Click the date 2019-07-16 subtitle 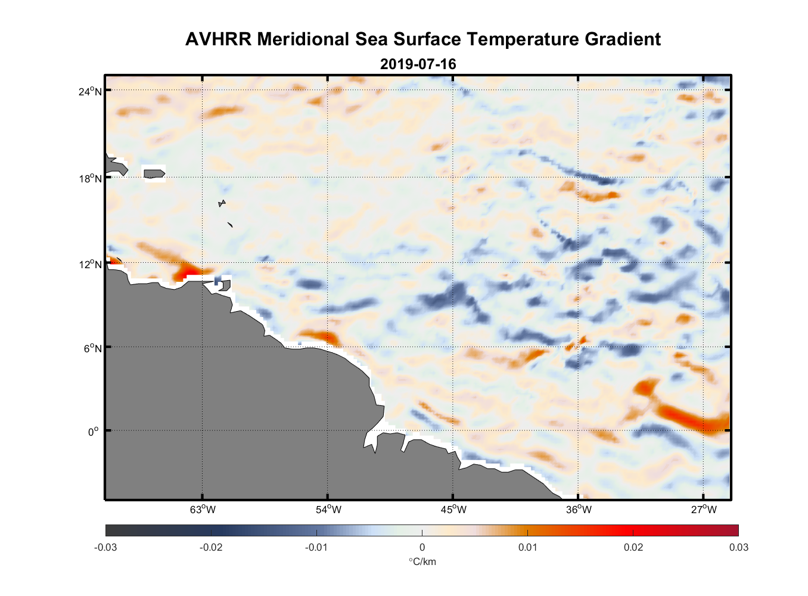tap(418, 64)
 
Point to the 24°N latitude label tap(90, 91)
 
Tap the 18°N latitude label tap(90, 178)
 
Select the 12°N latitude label tap(90, 264)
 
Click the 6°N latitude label tap(92, 348)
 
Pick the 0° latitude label tap(94, 432)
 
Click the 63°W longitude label tap(203, 510)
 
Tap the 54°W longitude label tap(328, 510)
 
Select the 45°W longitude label tap(453, 510)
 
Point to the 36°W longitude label tap(579, 510)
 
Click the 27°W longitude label tap(704, 510)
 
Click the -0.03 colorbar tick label tap(105, 547)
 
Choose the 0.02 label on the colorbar tap(633, 547)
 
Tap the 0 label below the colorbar tap(422, 547)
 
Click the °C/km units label tap(422, 561)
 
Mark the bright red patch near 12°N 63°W tap(190, 272)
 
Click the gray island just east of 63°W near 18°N tap(154, 173)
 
